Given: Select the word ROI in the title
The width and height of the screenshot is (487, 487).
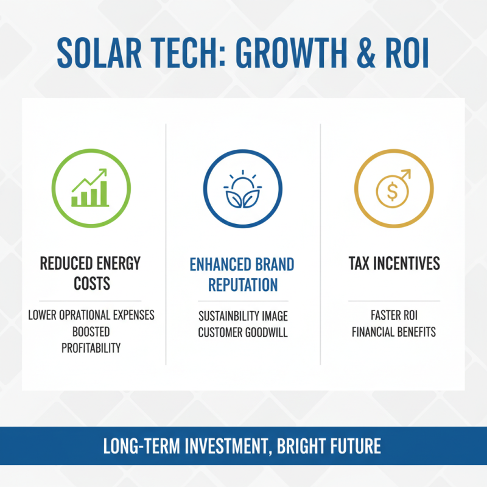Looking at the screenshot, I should pos(407,55).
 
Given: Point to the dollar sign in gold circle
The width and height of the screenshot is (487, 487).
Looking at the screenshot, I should pos(392,193).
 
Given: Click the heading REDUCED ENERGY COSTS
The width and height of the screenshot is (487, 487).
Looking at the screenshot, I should pos(90,274).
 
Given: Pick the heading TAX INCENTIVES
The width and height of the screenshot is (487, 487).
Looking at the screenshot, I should pos(394,264).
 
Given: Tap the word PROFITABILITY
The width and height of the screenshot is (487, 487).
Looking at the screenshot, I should pos(91,348).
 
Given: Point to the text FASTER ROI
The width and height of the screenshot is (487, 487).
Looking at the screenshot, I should pos(394,316).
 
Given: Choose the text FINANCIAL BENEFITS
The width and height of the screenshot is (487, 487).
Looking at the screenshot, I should pos(394,332).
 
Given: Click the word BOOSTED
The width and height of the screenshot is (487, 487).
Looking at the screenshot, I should pos(90,332).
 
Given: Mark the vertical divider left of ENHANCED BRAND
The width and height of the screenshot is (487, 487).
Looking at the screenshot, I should pos(166,243).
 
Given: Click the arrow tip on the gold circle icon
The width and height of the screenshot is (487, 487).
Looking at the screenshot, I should pos(408,173).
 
